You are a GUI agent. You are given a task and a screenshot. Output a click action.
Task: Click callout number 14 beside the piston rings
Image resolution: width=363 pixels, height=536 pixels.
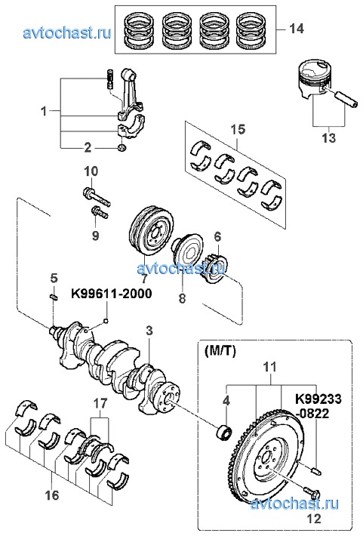(297, 29)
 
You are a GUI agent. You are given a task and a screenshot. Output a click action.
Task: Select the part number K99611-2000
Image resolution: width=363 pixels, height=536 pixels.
(112, 294)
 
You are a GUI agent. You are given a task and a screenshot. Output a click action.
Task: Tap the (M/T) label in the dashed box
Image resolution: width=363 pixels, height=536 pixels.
(220, 351)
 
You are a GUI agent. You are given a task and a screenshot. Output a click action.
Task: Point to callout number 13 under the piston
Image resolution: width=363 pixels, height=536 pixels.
(328, 137)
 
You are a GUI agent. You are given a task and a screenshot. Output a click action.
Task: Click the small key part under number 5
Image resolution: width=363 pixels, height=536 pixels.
(54, 297)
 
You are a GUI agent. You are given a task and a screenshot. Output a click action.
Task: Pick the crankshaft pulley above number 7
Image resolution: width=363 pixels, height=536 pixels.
(152, 231)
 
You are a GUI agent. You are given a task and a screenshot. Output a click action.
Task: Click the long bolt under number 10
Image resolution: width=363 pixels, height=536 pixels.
(97, 197)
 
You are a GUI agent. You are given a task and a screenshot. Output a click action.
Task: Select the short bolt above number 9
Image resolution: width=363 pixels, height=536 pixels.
(100, 213)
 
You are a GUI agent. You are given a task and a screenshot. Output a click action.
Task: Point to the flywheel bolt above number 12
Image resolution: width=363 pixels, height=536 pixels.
(312, 493)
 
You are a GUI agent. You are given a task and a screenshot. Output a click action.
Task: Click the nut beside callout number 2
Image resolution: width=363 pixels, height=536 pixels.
(122, 148)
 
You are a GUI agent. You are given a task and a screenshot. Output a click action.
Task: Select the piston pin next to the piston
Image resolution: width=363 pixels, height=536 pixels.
(346, 98)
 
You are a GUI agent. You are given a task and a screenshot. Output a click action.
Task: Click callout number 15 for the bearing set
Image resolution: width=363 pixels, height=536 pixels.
(238, 129)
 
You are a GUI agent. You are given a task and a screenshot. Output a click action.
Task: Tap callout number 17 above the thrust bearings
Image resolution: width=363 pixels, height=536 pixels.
(100, 404)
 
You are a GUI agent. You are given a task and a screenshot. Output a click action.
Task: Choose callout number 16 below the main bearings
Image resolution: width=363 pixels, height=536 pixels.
(52, 494)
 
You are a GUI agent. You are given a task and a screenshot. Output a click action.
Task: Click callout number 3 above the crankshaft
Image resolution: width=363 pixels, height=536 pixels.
(149, 331)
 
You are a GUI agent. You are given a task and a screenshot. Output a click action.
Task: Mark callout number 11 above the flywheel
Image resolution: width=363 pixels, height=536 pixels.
(270, 367)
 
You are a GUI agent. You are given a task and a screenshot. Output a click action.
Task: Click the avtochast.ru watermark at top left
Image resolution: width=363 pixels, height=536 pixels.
(67, 33)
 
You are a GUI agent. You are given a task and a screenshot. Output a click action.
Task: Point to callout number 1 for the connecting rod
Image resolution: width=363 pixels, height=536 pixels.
(44, 111)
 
